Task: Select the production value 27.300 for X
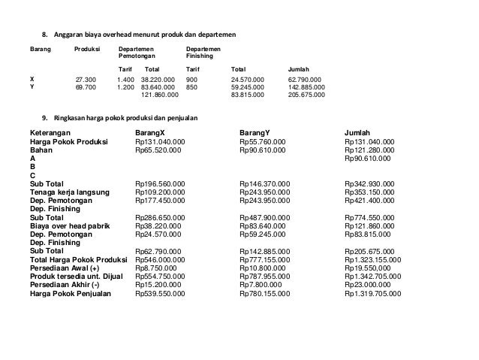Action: click(x=86, y=79)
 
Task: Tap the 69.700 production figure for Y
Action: click(x=86, y=87)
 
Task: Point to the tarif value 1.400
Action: click(x=126, y=79)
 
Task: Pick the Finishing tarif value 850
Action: click(x=191, y=87)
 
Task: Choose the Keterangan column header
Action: click(x=53, y=133)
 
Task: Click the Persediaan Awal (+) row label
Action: click(x=64, y=268)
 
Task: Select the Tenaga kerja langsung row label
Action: click(x=69, y=192)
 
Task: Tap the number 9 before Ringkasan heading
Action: click(x=44, y=117)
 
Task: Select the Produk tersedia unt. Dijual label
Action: click(x=76, y=277)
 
